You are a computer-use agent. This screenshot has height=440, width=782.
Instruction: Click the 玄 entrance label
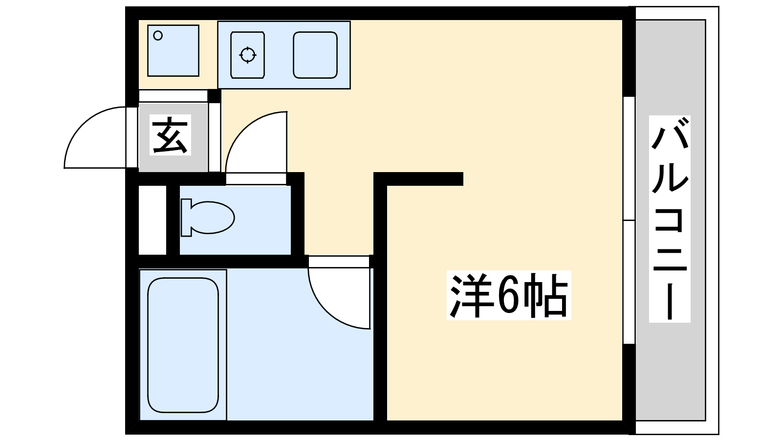click(x=170, y=135)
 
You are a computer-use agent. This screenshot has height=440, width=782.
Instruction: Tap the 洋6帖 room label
click(x=508, y=295)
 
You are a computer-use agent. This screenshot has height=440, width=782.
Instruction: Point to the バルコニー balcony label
click(x=669, y=219)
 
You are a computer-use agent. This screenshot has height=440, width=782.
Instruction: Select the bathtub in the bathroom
click(x=183, y=345)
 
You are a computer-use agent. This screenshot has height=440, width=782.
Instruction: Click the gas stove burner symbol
click(x=248, y=55)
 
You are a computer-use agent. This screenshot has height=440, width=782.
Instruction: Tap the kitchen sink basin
click(x=315, y=55)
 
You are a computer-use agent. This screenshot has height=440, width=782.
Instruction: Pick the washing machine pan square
click(x=173, y=51)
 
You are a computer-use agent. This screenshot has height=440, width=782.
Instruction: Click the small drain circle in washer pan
click(x=158, y=35)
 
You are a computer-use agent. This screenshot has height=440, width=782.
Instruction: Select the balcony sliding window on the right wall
click(x=629, y=220)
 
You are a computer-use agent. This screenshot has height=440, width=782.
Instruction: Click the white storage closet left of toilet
click(x=152, y=220)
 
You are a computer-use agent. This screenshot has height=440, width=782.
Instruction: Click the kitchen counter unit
click(x=283, y=55)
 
